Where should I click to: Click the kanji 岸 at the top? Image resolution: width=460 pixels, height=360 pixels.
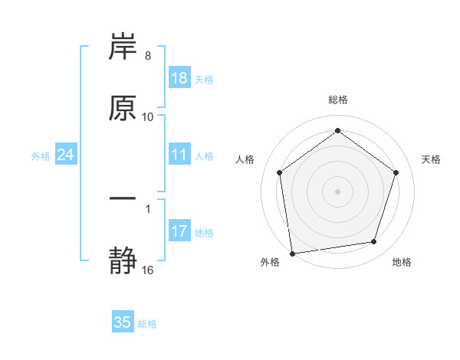point(123,47)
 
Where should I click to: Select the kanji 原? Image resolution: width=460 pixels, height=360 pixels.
point(123,108)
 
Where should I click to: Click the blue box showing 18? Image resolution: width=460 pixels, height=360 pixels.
point(179,78)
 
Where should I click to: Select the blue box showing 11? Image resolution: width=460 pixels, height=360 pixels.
point(179,155)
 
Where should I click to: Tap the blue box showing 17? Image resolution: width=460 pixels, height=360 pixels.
point(179,231)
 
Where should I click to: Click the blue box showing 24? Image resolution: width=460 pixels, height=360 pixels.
point(66,155)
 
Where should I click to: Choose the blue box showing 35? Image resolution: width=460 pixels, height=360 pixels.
point(123,322)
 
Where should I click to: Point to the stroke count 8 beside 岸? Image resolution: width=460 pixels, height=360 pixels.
point(148,57)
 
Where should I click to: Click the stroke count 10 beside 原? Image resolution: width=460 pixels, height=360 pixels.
point(148,117)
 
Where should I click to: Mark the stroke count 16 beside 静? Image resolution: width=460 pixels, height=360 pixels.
point(148,270)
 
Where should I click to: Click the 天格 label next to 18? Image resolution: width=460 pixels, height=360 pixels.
point(204,79)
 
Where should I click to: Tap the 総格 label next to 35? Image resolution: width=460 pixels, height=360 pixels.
point(147,323)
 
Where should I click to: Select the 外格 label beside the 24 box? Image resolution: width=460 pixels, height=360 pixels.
point(41,155)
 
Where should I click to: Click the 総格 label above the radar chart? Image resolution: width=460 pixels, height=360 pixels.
point(337,100)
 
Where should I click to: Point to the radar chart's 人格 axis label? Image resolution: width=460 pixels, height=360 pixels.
point(245,159)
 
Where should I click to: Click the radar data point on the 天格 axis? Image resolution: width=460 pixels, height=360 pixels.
point(396,172)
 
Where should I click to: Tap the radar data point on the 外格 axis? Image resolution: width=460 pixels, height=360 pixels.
point(292,253)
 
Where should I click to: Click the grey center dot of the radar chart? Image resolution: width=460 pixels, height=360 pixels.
point(337,191)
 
